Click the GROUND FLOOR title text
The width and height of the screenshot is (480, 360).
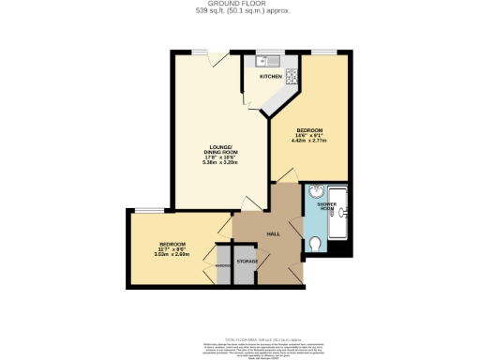click(x=240, y=5)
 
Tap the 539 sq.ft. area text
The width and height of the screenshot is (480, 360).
click(x=240, y=12)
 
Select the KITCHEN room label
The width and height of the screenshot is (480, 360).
click(x=271, y=77)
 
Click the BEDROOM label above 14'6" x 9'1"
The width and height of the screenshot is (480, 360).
click(x=310, y=129)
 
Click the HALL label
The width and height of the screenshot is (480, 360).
click(x=274, y=234)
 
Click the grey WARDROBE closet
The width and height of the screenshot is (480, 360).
click(x=223, y=265)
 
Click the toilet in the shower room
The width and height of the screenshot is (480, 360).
click(x=316, y=245)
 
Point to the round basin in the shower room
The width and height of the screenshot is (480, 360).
click(x=313, y=196)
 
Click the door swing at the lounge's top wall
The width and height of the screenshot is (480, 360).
click(x=217, y=63)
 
